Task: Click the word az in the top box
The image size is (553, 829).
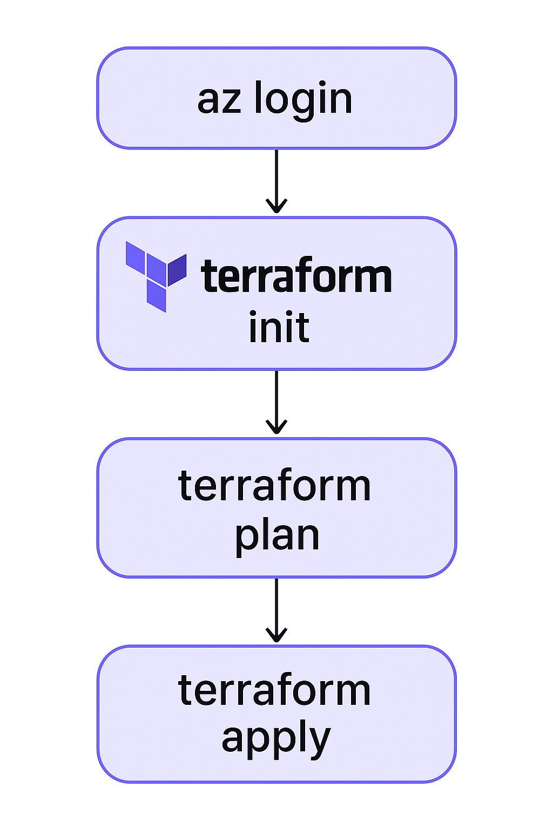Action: click(x=219, y=100)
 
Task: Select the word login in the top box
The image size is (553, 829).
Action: click(x=303, y=100)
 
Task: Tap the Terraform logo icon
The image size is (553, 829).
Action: click(x=156, y=275)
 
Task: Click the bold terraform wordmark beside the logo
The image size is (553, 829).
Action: click(x=296, y=277)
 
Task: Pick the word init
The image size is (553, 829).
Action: click(x=279, y=327)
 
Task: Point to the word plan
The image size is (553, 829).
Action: click(x=277, y=536)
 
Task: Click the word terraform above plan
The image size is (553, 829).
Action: click(x=274, y=486)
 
